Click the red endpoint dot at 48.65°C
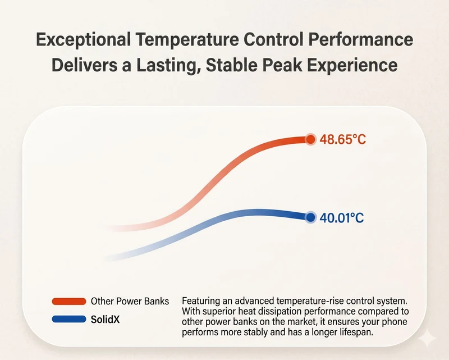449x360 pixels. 310,140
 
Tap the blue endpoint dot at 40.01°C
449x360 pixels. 310,217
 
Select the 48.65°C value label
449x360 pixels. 342,140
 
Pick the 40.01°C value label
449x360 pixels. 342,217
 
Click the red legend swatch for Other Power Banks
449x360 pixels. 69,301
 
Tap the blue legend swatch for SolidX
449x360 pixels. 69,319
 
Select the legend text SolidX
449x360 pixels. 105,320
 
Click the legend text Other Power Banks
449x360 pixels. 130,301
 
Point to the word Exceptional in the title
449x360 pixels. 83,40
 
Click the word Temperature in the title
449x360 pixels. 187,39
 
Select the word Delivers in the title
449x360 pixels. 84,65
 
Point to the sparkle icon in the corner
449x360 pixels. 427,339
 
